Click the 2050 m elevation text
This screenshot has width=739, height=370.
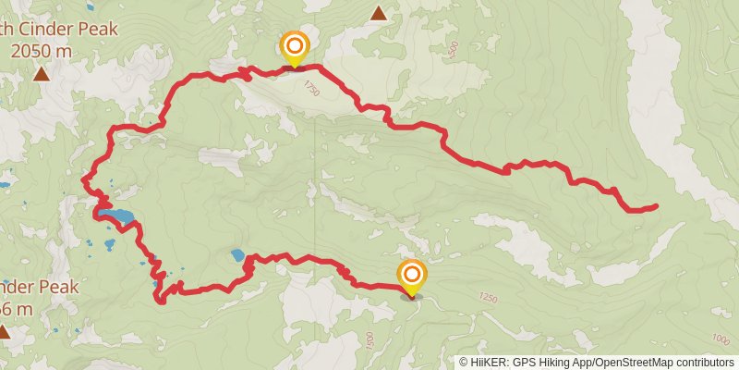42,51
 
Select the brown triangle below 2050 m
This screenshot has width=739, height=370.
42,73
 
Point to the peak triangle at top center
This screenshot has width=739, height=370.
379,13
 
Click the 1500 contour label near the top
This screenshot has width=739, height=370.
452,52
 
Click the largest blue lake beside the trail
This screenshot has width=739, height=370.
119,218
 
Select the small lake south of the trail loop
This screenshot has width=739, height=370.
238,254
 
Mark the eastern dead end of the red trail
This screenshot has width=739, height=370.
656,205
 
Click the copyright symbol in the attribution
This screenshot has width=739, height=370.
464,362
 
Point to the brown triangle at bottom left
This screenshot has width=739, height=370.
5,330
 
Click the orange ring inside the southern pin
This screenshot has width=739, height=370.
411,275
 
